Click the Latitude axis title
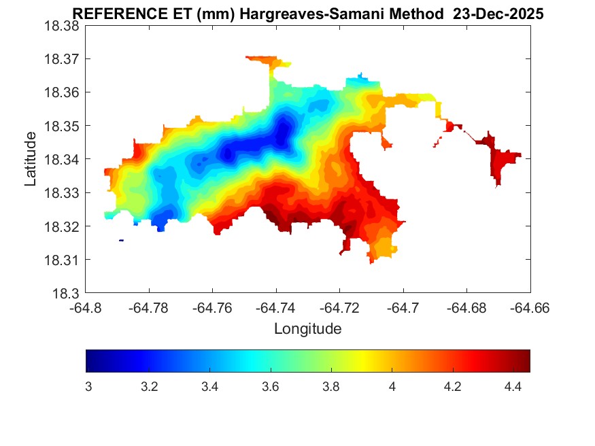[31, 159]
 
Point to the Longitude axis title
[307, 329]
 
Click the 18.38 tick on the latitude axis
[62, 26]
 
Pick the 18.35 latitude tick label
[62, 126]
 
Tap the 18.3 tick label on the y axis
[66, 294]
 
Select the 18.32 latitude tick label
[62, 226]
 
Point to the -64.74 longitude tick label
[275, 309]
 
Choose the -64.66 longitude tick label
[530, 309]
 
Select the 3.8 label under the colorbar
[331, 387]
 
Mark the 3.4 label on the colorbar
[209, 387]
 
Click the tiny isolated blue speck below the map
[121, 240]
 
